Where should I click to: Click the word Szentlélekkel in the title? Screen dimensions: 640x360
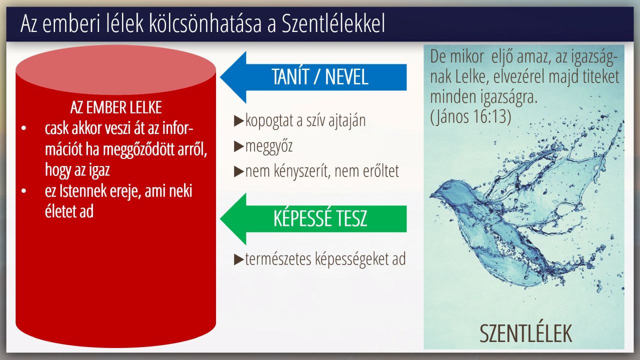[333, 23]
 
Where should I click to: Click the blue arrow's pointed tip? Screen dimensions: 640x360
[221, 77]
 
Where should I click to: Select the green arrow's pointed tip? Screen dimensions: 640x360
[221, 218]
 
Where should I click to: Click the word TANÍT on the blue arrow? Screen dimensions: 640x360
[290, 76]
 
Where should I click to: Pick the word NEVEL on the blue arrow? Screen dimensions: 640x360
[346, 77]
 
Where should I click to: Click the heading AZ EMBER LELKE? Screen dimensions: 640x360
[116, 107]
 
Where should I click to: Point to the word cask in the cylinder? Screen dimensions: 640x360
[56, 129]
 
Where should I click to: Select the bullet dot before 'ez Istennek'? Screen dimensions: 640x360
[23, 191]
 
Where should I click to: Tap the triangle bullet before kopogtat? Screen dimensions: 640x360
[238, 121]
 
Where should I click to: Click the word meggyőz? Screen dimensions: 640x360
[269, 146]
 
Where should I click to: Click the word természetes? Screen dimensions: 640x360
[278, 258]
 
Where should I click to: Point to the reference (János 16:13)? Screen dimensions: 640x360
[470, 116]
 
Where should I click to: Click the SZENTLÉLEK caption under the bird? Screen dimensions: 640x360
[525, 333]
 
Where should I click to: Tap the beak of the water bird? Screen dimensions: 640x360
[432, 195]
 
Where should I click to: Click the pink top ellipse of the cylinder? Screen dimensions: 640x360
[115, 70]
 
